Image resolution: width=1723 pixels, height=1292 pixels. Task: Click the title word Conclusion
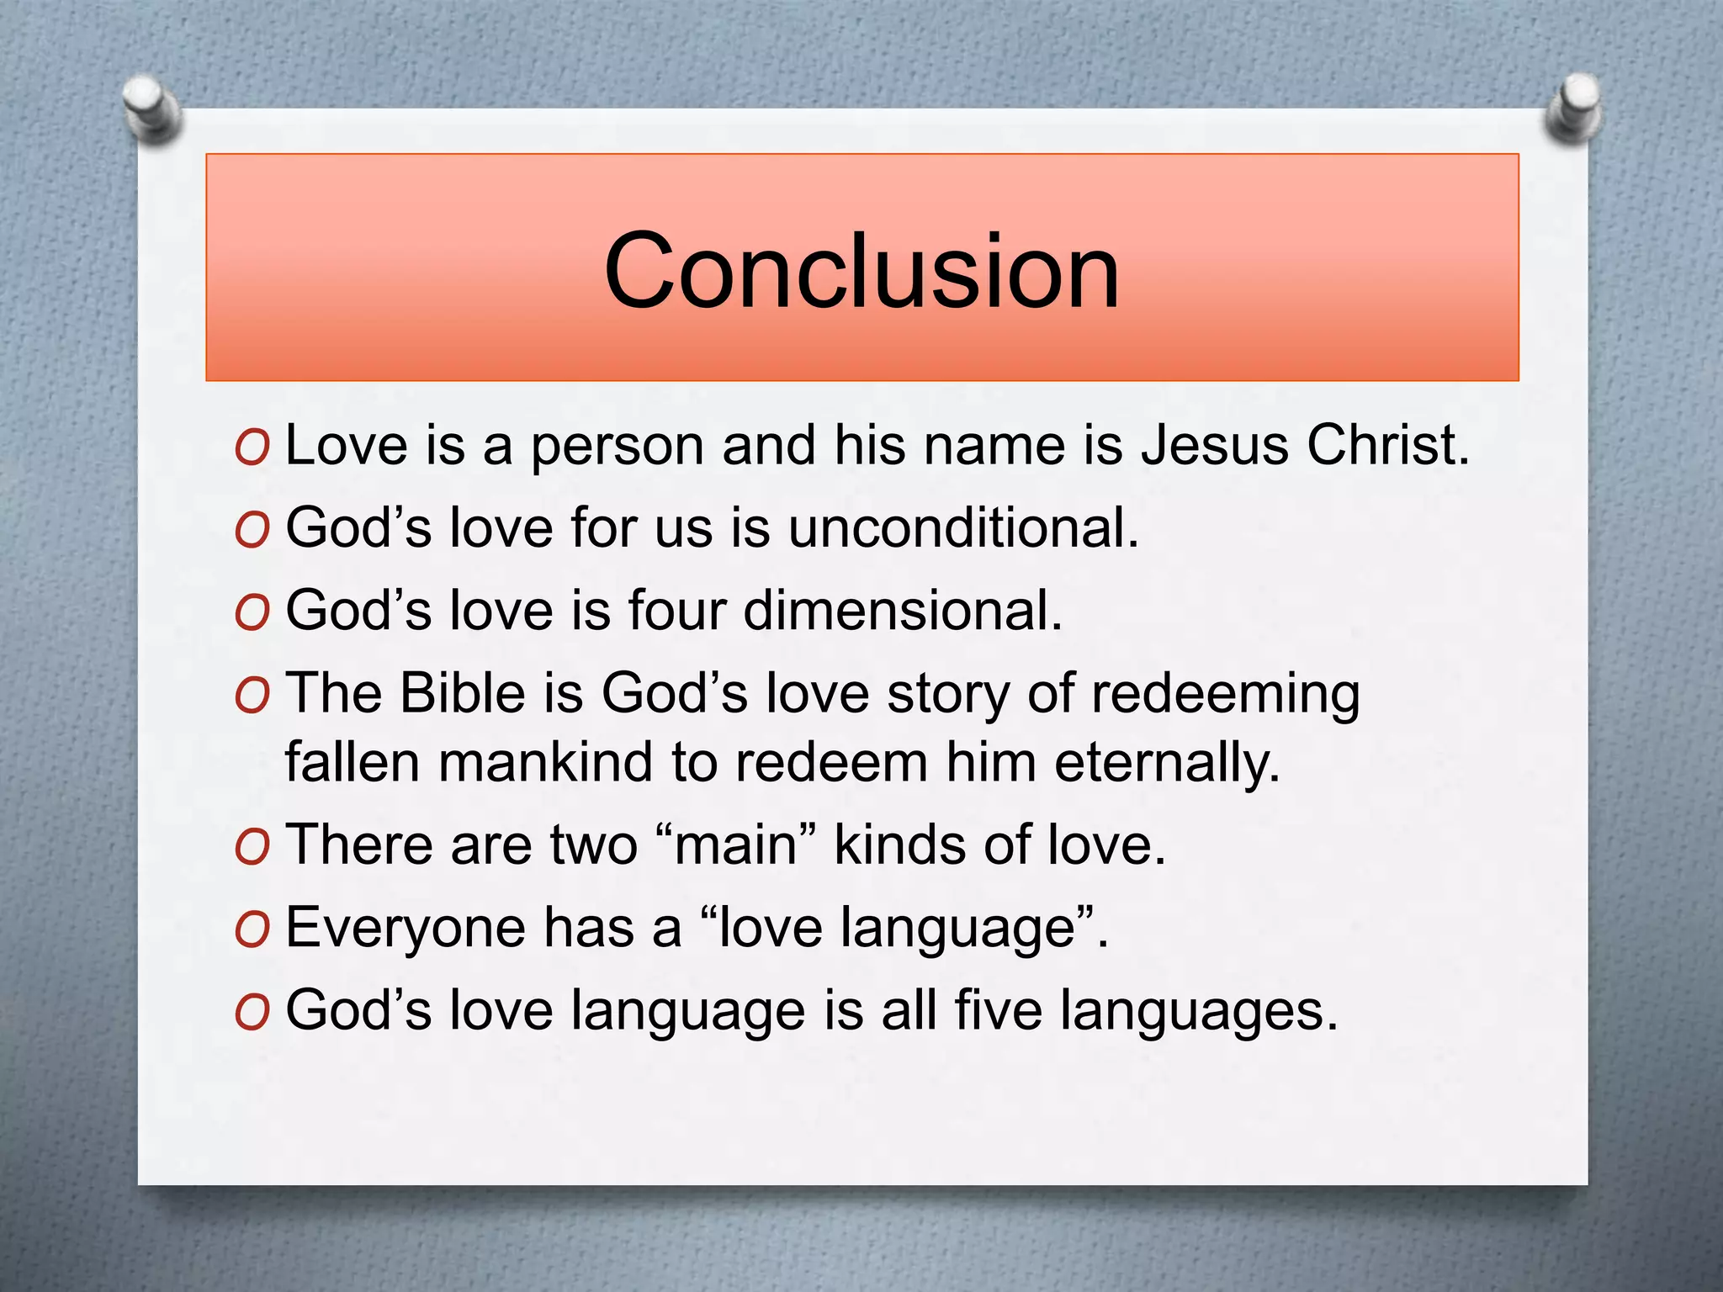point(861,271)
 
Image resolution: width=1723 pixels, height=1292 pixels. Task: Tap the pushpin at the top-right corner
point(1572,108)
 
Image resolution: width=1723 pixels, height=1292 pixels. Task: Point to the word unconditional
point(962,527)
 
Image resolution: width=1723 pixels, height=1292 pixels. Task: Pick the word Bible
point(462,694)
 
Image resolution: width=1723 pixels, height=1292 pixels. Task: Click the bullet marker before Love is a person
point(252,448)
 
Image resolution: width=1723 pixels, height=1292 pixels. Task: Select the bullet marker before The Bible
point(252,697)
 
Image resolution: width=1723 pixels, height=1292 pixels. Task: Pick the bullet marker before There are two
point(252,848)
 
